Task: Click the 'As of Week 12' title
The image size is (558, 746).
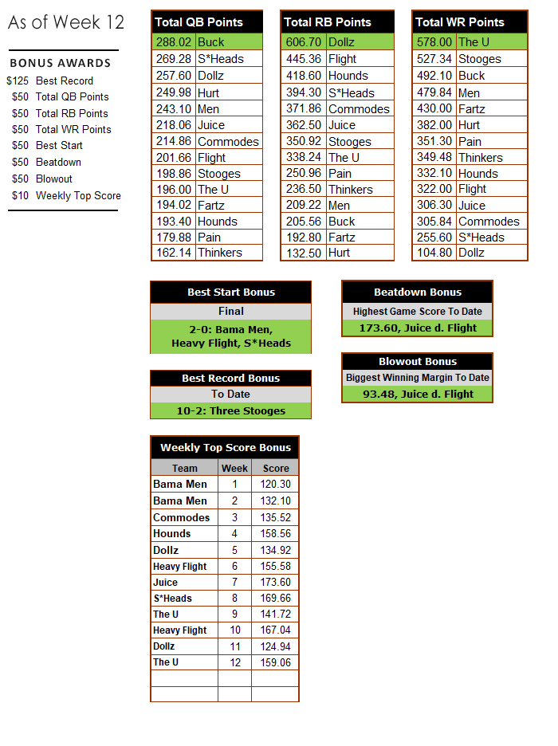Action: [66, 22]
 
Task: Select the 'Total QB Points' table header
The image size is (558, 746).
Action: [198, 22]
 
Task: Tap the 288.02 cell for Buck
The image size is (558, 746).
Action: [173, 41]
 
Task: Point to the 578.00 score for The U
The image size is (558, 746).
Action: [434, 41]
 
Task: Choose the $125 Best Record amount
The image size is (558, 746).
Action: [18, 80]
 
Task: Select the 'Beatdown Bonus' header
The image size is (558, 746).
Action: [417, 293]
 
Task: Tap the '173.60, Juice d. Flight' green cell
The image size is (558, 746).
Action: [417, 328]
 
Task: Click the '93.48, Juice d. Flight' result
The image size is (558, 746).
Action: [417, 394]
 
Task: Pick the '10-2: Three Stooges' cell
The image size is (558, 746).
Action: [230, 411]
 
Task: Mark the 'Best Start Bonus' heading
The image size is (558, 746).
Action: [230, 293]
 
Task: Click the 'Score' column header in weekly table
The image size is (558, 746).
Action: [276, 468]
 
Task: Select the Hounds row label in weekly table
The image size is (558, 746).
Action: [172, 533]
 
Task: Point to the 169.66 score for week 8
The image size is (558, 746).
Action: [276, 598]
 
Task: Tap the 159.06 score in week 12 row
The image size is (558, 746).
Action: [276, 662]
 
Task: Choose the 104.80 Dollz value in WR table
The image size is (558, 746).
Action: [434, 253]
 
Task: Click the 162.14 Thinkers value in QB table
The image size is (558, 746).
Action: [173, 253]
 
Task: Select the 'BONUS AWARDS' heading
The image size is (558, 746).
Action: [61, 63]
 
